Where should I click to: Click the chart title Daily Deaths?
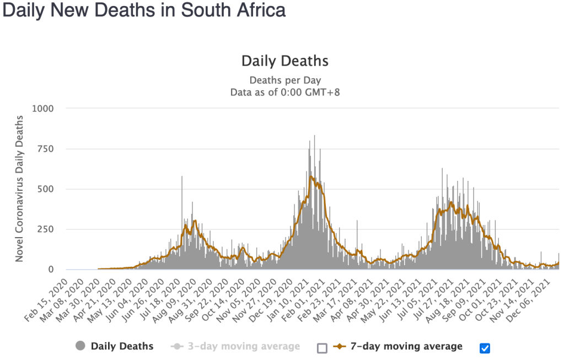(285, 61)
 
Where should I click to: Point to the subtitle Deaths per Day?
(285, 80)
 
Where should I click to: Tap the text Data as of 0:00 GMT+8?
(285, 92)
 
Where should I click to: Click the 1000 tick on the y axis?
(42, 109)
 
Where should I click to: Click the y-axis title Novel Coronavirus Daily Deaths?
(19, 189)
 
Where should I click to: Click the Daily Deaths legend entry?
(122, 346)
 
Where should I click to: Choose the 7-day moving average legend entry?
(407, 346)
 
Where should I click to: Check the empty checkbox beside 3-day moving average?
(323, 348)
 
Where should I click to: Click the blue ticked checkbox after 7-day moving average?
(485, 348)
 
